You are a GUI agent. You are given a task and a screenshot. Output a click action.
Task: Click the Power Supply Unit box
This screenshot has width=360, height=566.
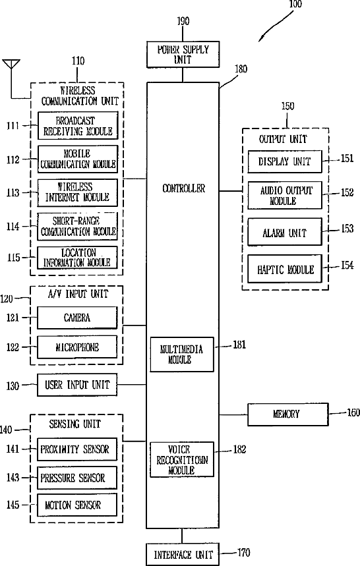tap(183, 55)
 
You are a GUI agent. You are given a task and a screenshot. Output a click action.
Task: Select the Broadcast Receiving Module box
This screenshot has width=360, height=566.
tap(78, 126)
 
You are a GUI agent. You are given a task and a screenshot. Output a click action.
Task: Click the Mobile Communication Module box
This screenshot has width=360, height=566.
tap(78, 159)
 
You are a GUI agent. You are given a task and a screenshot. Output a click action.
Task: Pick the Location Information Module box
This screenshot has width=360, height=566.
tap(77, 258)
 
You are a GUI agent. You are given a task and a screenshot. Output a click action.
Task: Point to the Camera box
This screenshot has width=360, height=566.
tap(77, 318)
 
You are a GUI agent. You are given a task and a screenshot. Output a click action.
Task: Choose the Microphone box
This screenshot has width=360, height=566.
tap(77, 347)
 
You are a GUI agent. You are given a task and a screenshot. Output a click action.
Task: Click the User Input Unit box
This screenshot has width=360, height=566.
tap(77, 385)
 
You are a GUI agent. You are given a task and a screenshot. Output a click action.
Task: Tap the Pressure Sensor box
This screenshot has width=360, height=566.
tap(77, 478)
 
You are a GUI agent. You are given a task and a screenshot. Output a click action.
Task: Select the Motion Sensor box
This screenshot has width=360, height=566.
tap(77, 505)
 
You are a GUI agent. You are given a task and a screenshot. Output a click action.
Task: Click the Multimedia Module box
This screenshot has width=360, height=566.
tap(181, 354)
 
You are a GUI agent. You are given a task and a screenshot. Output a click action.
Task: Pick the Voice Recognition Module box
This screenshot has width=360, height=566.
tap(181, 459)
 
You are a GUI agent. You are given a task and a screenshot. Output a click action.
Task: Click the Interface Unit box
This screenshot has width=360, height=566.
tap(183, 554)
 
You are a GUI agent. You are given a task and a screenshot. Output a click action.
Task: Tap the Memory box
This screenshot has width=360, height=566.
tap(287, 414)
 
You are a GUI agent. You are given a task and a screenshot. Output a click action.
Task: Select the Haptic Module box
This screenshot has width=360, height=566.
tap(285, 269)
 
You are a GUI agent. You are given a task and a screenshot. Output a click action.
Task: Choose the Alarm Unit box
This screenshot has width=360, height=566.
tap(285, 232)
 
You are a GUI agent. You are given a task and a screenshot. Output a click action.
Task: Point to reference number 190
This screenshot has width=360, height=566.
tap(183, 21)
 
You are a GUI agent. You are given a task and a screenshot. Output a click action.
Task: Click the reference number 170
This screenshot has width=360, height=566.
tap(243, 553)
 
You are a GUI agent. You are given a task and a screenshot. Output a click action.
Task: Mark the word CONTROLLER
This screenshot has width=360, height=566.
tap(183, 188)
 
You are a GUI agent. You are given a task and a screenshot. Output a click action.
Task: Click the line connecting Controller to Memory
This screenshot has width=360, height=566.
tap(233, 414)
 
